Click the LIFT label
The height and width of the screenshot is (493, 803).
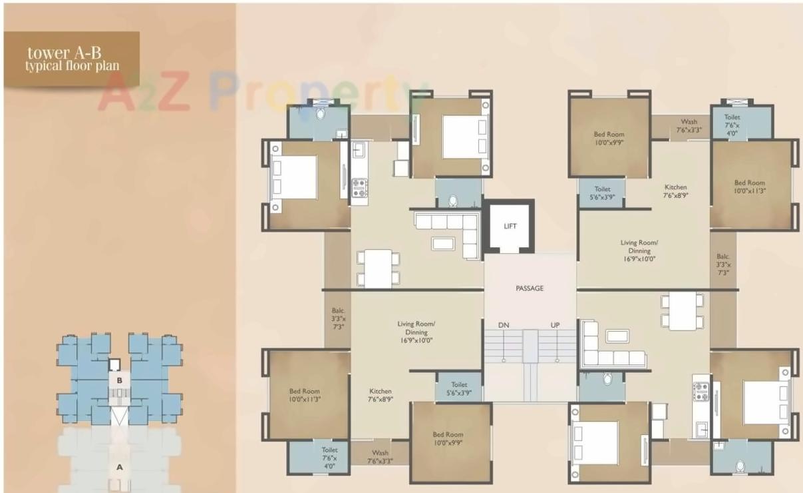coord(510,227)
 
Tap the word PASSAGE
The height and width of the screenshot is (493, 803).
coord(530,288)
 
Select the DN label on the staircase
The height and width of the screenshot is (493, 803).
coord(504,325)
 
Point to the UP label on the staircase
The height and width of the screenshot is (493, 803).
coord(555,325)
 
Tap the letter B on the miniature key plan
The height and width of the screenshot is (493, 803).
coord(119,380)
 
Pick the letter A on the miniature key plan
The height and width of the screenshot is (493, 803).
coord(120,467)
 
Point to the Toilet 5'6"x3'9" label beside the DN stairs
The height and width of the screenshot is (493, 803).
coord(458,389)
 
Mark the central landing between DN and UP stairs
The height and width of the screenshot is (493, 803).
coord(530,346)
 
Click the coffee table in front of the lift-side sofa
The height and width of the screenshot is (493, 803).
coord(442,243)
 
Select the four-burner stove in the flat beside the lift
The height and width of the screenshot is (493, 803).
coord(359,187)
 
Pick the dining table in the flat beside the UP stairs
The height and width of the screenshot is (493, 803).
coord(682,311)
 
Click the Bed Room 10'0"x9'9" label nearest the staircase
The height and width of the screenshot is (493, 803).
coord(448,438)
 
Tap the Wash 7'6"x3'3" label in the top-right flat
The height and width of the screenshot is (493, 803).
coord(689,126)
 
